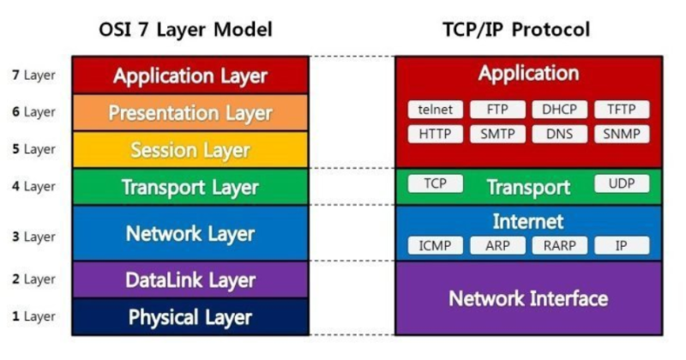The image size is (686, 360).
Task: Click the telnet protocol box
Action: click(x=436, y=110)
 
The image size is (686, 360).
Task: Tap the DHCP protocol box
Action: click(x=559, y=110)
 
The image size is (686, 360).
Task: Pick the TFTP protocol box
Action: click(x=622, y=110)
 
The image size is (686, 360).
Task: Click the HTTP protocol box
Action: click(x=436, y=135)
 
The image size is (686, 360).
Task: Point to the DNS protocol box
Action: click(x=559, y=135)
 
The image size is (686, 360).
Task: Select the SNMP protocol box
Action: click(x=622, y=135)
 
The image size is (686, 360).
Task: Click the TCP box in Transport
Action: click(x=435, y=184)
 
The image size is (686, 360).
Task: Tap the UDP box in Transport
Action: click(x=622, y=184)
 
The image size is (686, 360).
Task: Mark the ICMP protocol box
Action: click(x=436, y=246)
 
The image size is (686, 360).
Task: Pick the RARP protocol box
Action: click(x=559, y=246)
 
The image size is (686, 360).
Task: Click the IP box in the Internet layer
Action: click(x=622, y=246)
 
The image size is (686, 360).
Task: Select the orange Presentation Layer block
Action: click(x=190, y=113)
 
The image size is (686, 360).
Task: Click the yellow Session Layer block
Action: click(x=190, y=151)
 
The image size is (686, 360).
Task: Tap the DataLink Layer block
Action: click(x=190, y=280)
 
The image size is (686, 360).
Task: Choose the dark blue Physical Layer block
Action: click(x=190, y=317)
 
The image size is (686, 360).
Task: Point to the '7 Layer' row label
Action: click(x=33, y=75)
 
